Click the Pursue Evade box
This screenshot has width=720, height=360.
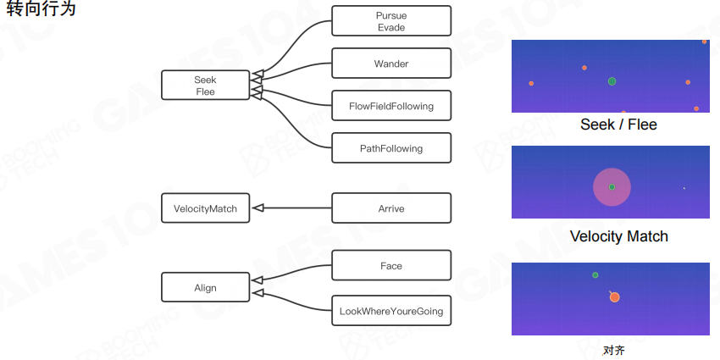point(390,21)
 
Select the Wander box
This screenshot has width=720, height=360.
point(390,64)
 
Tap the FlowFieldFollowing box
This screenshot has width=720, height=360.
point(390,106)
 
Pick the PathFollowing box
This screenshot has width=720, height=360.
point(390,148)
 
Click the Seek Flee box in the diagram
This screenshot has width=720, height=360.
point(205,86)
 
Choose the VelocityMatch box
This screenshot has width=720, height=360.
point(205,208)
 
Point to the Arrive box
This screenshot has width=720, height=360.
point(390,208)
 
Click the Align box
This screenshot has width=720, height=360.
point(205,287)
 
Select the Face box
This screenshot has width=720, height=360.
point(390,266)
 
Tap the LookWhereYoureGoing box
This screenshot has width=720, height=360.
point(390,311)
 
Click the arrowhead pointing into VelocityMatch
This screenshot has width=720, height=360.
point(257,208)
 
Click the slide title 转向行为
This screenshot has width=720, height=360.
point(41,9)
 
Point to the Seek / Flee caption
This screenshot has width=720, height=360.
point(618,125)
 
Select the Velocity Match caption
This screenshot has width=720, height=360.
point(618,236)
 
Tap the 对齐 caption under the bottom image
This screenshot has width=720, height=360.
point(613,350)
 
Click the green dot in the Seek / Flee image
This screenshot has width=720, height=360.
point(612,81)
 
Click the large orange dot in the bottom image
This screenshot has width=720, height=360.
point(614,297)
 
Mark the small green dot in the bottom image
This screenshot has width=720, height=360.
point(595,275)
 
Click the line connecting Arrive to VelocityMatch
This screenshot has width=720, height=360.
point(296,208)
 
